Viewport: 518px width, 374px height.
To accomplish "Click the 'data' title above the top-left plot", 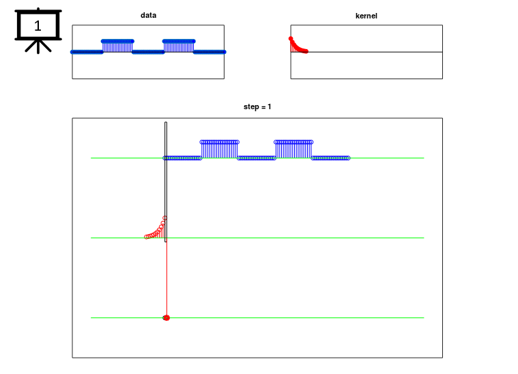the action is pyautogui.click(x=148, y=15).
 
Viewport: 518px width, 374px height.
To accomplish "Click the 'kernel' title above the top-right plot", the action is pyautogui.click(x=366, y=16).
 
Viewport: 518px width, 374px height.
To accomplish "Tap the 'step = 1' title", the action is pyautogui.click(x=257, y=106).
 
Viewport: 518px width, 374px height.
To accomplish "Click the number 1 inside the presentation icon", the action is pyautogui.click(x=38, y=26).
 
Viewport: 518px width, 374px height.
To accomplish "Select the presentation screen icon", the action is pyautogui.click(x=38, y=31).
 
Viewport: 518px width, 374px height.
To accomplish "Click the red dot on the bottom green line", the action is pyautogui.click(x=167, y=318).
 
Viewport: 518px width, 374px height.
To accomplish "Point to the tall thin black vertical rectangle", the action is pyautogui.click(x=166, y=182).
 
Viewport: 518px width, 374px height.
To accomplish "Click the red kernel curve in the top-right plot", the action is pyautogui.click(x=298, y=46).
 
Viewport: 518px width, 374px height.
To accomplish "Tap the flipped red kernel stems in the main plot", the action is pyautogui.click(x=156, y=229).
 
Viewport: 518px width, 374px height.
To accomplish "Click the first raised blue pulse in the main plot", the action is pyautogui.click(x=219, y=149).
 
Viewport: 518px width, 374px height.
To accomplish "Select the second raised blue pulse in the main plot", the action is pyautogui.click(x=293, y=149).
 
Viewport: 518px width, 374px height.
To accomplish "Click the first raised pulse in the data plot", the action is pyautogui.click(x=117, y=46).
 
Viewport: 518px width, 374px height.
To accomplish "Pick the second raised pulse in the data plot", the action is pyautogui.click(x=179, y=46).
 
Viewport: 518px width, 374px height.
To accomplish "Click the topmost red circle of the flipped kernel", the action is pyautogui.click(x=165, y=218).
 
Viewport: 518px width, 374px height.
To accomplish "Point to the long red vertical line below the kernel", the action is pyautogui.click(x=167, y=280).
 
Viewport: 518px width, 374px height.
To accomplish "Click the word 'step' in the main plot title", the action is pyautogui.click(x=250, y=107).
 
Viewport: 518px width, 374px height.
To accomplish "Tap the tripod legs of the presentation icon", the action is pyautogui.click(x=38, y=46).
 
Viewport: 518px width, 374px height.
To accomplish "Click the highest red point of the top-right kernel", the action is pyautogui.click(x=291, y=39).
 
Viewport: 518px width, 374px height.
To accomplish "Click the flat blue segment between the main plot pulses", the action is pyautogui.click(x=257, y=158).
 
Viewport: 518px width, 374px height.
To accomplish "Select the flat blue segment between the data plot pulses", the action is pyautogui.click(x=148, y=52).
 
